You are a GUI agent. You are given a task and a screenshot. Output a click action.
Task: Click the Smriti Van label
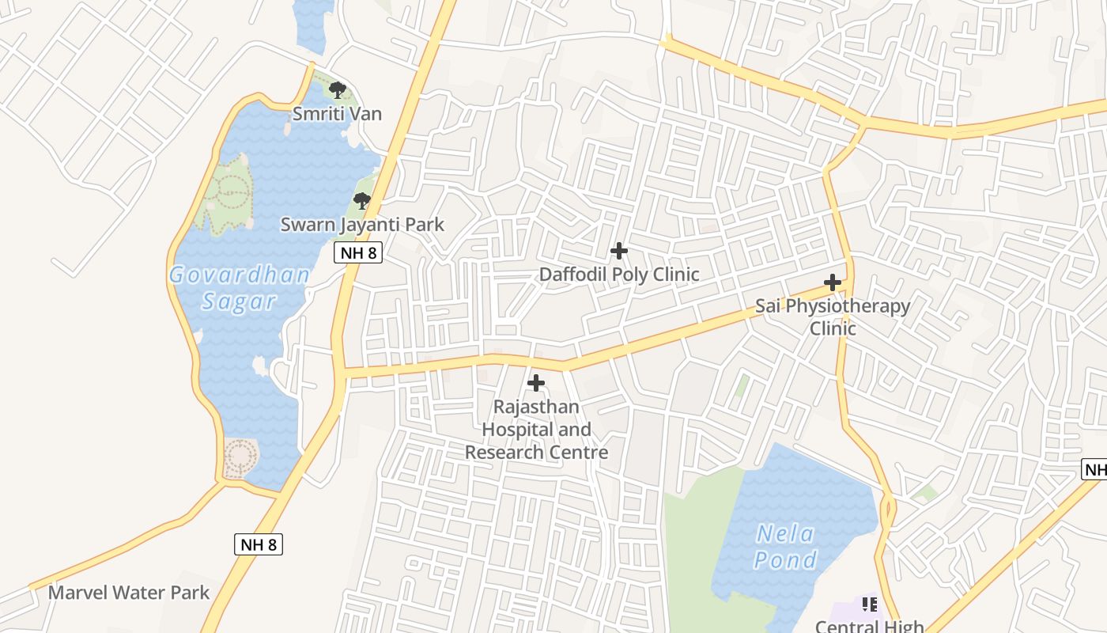click(337, 114)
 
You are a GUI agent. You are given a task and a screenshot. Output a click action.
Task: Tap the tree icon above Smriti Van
click(338, 89)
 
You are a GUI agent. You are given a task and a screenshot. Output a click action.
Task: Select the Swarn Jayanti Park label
click(362, 225)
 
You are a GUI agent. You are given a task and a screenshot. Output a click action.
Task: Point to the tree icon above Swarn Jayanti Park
click(362, 201)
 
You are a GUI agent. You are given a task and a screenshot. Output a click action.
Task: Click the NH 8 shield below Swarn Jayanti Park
click(358, 253)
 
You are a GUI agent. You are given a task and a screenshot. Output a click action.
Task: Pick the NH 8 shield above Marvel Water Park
click(259, 544)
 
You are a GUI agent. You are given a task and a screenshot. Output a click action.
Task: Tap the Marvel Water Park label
click(129, 593)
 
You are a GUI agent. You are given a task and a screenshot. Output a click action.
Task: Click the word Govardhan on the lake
click(239, 275)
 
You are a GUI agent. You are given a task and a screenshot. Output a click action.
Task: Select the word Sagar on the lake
click(239, 301)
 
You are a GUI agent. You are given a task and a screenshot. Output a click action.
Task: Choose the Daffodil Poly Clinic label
click(619, 275)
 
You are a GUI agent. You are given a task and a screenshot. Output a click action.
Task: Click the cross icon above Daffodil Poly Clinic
click(619, 251)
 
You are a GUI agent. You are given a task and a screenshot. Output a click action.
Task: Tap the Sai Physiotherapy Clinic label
click(833, 316)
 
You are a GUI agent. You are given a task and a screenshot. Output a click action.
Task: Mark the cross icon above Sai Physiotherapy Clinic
click(833, 282)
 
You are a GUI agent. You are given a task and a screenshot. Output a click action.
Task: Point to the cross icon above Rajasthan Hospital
click(536, 383)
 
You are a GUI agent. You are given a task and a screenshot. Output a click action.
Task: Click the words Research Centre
click(536, 453)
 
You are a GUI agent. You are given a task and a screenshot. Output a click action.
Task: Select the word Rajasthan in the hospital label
click(536, 407)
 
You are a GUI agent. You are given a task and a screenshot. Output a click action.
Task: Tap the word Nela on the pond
click(785, 534)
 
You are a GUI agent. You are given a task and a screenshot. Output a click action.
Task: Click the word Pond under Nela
click(785, 560)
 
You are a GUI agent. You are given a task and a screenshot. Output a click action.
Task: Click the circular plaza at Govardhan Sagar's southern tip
click(240, 457)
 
